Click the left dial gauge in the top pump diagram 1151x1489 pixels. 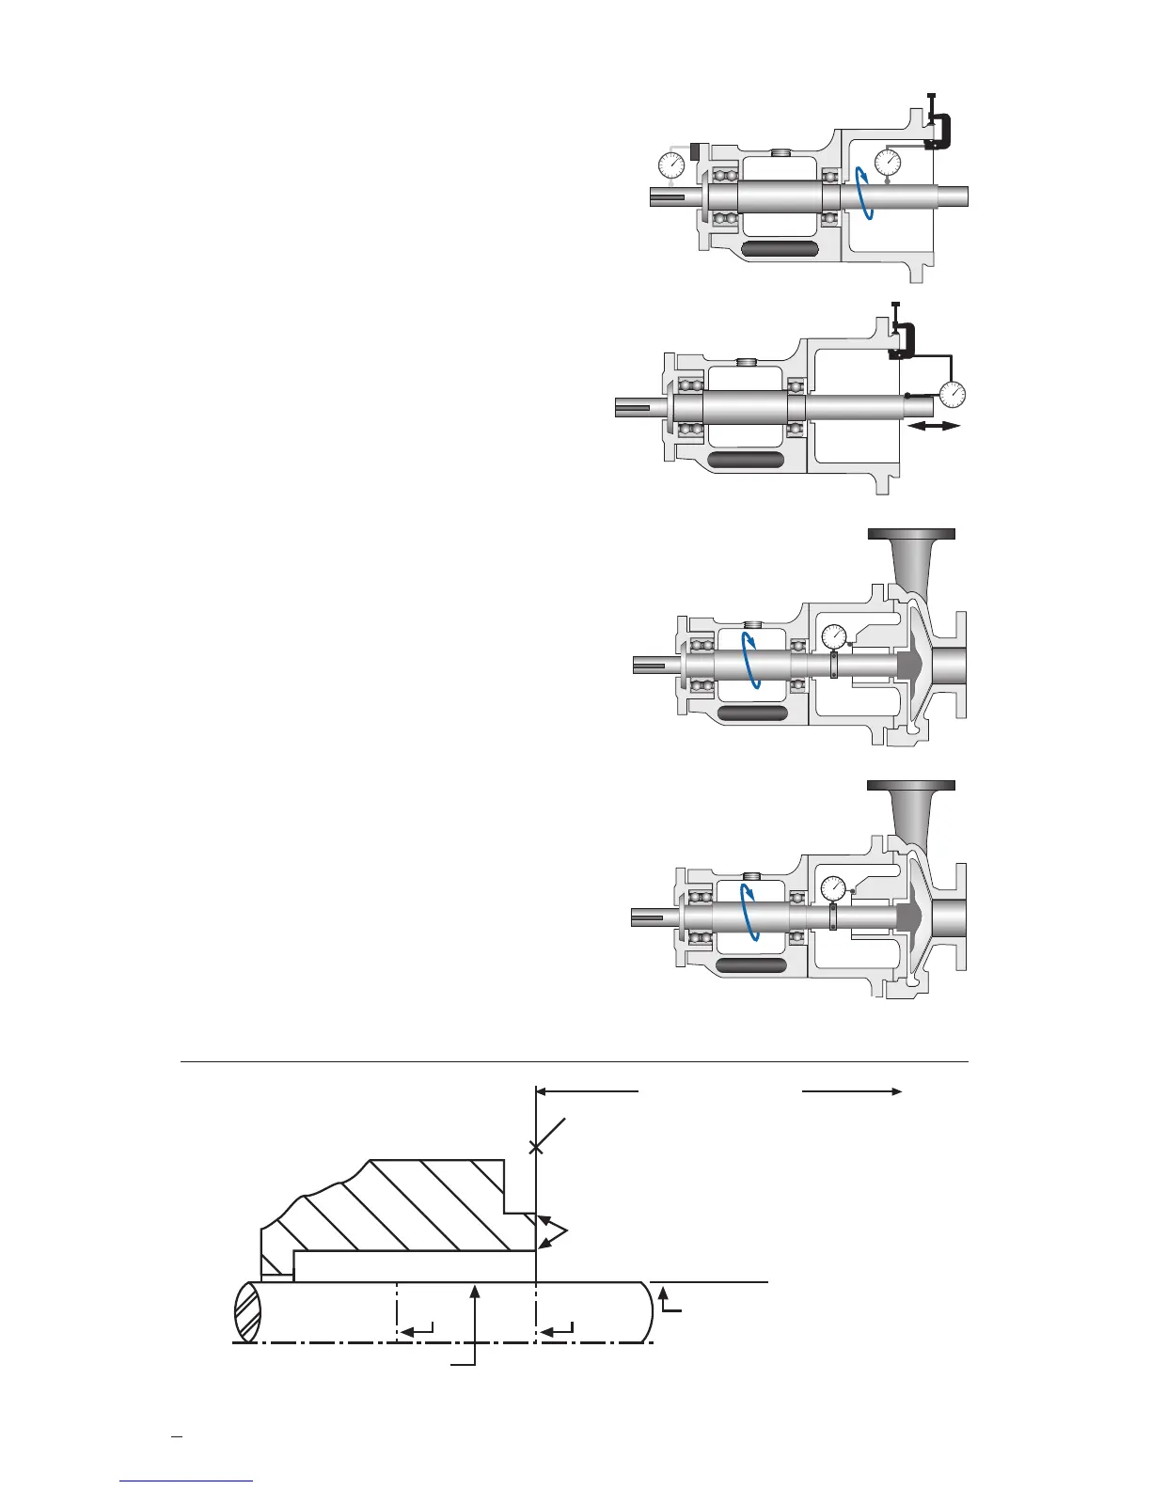[671, 166]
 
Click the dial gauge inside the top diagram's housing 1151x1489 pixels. [888, 163]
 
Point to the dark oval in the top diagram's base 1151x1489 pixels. [780, 249]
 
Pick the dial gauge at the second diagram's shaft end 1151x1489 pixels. [953, 394]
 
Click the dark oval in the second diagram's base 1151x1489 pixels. [746, 460]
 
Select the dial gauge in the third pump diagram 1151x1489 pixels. [834, 637]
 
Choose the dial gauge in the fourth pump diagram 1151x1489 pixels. [834, 888]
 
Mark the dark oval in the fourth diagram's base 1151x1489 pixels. [751, 965]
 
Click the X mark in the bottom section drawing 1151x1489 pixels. [536, 1146]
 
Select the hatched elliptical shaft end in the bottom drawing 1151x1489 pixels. [248, 1312]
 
